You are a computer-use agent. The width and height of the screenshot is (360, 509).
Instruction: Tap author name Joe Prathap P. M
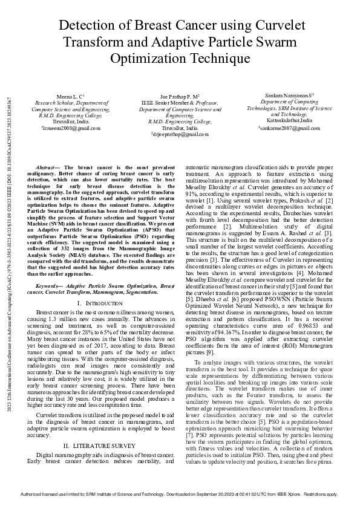(x=179, y=97)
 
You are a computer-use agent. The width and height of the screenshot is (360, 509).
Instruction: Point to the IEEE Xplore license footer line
(x=180, y=494)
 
